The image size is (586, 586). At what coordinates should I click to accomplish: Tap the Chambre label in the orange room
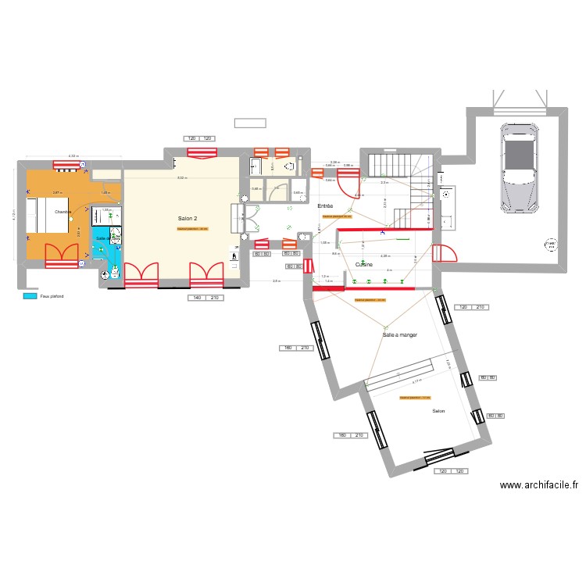coord(63,212)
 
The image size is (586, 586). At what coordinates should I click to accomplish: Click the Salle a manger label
coord(399,334)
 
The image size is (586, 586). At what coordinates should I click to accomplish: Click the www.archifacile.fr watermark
coord(539,485)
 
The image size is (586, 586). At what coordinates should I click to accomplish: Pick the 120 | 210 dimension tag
coord(471,307)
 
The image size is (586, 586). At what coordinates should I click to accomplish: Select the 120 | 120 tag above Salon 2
coord(200,139)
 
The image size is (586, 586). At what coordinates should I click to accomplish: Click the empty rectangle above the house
coord(250,123)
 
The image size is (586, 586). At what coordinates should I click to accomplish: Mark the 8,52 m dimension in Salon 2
coord(181,178)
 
